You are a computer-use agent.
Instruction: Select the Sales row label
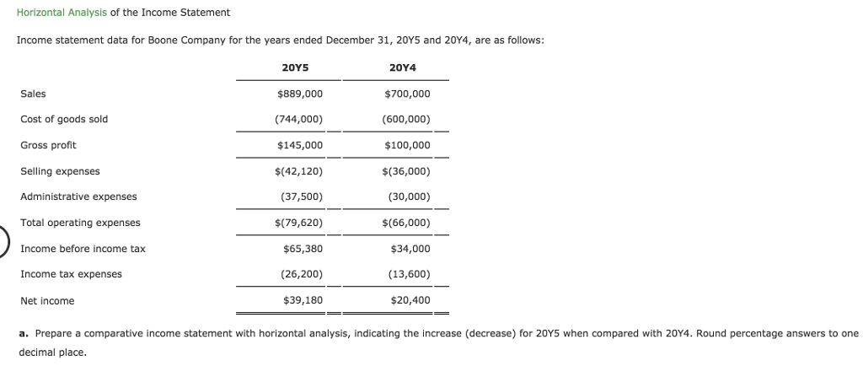33,94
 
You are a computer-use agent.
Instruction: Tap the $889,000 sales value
299,94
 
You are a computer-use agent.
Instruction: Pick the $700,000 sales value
407,94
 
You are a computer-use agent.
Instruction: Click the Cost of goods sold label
64,119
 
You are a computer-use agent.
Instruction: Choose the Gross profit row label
48,145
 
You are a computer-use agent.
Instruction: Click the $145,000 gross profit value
299,145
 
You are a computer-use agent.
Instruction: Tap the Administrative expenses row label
78,196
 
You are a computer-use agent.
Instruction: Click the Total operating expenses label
80,223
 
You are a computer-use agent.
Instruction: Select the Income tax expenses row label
71,274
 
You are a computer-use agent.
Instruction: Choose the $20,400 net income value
410,300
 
